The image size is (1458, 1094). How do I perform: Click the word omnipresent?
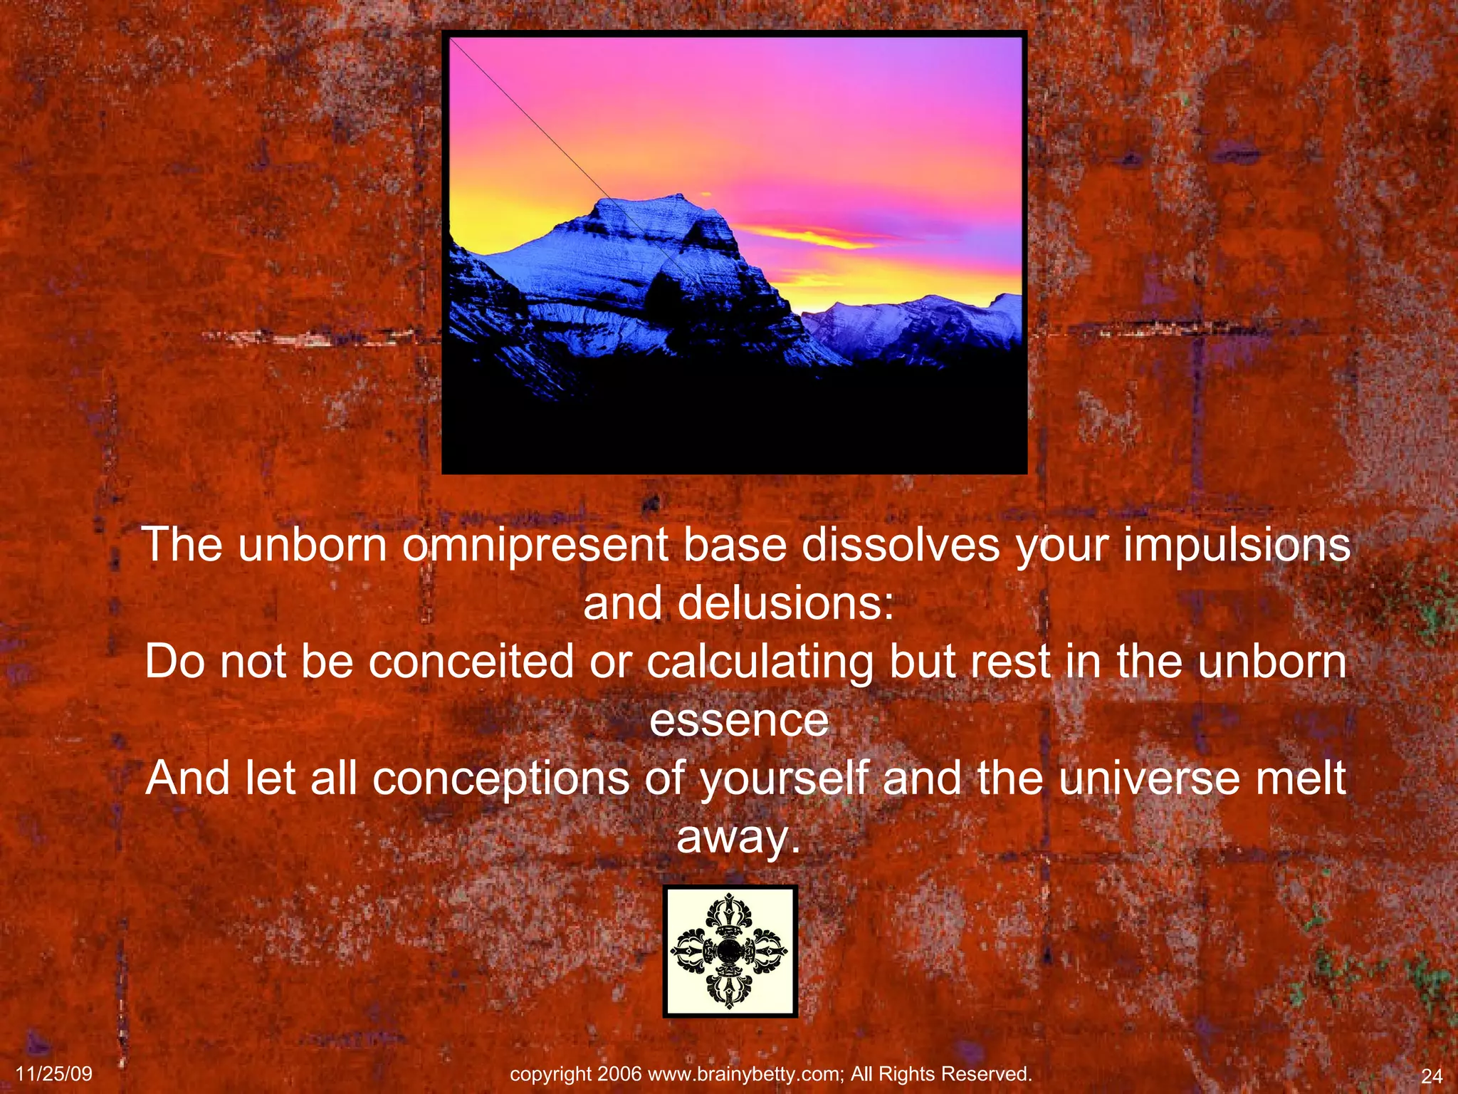point(535,546)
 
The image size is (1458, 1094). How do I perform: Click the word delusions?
point(785,604)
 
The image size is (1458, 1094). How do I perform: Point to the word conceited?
point(471,662)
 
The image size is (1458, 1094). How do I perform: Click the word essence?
point(739,720)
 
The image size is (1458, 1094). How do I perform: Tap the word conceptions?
point(500,778)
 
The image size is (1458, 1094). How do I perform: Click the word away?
point(738,837)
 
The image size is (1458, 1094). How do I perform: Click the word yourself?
point(785,778)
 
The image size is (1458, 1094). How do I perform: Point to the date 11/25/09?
point(54,1074)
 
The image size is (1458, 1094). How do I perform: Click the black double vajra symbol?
point(730,951)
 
